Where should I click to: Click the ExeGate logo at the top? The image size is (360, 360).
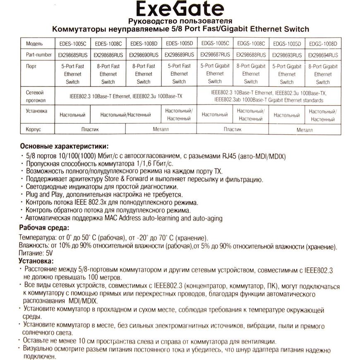[180, 9]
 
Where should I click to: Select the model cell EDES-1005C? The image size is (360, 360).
[72, 43]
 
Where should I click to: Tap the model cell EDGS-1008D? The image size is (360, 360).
[323, 43]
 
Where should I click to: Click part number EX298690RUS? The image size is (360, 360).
[143, 54]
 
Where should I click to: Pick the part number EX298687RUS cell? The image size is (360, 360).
[215, 54]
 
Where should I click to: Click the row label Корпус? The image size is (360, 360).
[34, 130]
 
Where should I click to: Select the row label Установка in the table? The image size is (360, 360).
[36, 111]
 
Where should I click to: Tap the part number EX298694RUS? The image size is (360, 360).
[323, 54]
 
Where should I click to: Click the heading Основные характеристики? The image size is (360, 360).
[65, 146]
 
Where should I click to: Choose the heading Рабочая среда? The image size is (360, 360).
[45, 228]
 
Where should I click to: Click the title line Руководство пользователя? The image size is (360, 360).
[180, 21]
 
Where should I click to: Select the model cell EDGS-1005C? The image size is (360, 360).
[215, 43]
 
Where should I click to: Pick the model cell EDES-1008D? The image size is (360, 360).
[143, 43]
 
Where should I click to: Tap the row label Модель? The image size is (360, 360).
[35, 43]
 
